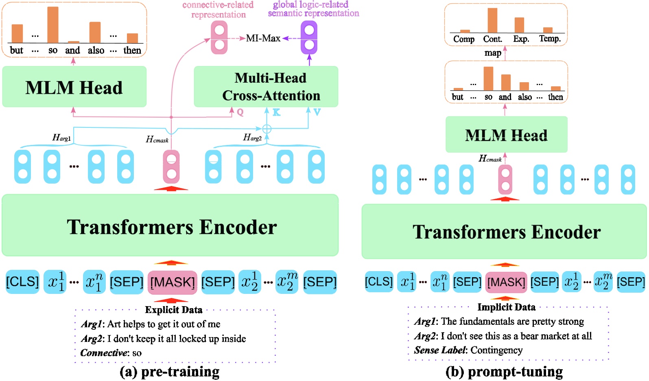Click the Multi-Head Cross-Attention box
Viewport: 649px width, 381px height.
266,87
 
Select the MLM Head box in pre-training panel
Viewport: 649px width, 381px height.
74,87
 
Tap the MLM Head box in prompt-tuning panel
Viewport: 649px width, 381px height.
506,135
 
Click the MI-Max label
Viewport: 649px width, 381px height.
263,38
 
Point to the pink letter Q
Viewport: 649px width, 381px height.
240,112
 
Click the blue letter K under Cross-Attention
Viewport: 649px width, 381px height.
276,112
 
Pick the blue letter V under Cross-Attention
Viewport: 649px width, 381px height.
317,112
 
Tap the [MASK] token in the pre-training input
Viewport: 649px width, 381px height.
172,282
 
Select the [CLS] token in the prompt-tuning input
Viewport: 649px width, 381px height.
379,282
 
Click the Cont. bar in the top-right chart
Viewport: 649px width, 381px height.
492,20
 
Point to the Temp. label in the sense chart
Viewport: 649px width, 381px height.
550,39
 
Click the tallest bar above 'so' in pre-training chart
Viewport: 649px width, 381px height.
53,25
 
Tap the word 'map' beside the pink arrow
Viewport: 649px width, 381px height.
493,53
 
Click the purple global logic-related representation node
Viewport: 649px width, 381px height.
309,37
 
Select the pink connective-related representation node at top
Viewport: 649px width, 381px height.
219,37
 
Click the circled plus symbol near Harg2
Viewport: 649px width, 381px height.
267,129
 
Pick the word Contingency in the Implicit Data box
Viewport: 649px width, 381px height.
496,350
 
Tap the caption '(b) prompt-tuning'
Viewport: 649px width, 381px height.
504,372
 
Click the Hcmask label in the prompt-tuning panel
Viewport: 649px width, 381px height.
490,159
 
